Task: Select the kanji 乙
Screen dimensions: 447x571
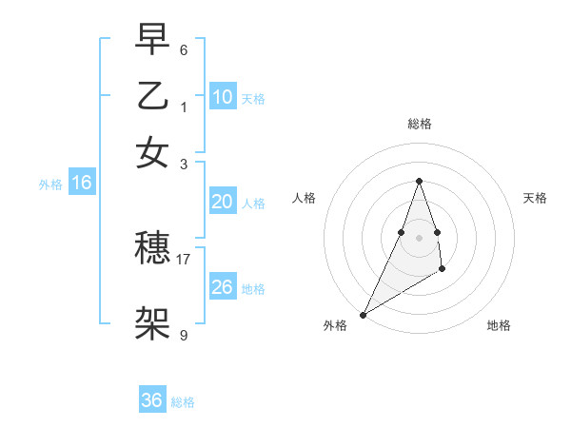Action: point(152,97)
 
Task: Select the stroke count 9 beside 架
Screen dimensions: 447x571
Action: point(184,335)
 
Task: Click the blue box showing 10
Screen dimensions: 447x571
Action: point(222,97)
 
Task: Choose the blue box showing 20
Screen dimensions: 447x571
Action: point(222,202)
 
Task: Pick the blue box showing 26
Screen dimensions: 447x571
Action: point(222,287)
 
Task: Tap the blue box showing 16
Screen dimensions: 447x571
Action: point(82,184)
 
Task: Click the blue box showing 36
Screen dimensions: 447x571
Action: point(152,400)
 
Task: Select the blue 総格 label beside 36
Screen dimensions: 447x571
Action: point(183,402)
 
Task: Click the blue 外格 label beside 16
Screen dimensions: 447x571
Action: point(50,185)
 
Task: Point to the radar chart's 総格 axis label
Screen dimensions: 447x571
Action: point(419,124)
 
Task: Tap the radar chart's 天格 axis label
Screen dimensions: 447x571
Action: point(535,198)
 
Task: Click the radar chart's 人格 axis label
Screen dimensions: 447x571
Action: point(304,198)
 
